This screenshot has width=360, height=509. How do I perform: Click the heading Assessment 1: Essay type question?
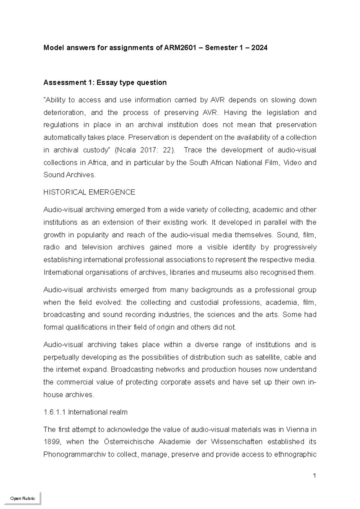pyautogui.click(x=105, y=83)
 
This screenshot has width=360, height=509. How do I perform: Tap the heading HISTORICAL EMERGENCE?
pyautogui.click(x=89, y=192)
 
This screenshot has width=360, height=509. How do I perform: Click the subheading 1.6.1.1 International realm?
pyautogui.click(x=85, y=412)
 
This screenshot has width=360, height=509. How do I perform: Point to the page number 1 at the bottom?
pyautogui.click(x=314, y=475)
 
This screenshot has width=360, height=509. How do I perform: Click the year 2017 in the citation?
pyautogui.click(x=146, y=150)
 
